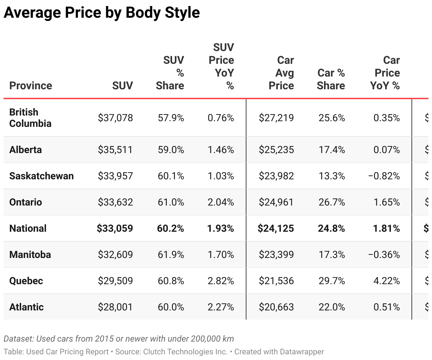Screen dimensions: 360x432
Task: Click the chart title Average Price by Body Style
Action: click(x=102, y=13)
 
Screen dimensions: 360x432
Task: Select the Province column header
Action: click(x=30, y=85)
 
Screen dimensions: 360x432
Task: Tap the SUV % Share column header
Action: click(x=170, y=73)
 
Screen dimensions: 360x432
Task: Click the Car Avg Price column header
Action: click(x=282, y=73)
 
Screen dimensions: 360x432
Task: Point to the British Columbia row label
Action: click(x=30, y=118)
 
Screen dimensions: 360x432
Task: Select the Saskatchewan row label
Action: click(x=41, y=176)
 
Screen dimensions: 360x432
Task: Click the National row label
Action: click(x=28, y=228)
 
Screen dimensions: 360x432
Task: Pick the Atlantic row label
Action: click(x=26, y=307)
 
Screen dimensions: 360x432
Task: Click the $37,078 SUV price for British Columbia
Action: click(x=115, y=118)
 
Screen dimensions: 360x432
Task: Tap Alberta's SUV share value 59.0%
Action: click(x=171, y=150)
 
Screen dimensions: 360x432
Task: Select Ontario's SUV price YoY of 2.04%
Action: click(x=221, y=202)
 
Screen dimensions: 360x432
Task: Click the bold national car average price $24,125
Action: click(x=276, y=228)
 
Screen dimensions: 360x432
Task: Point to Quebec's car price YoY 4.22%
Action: click(x=386, y=281)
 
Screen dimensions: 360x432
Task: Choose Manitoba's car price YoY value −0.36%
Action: click(x=384, y=254)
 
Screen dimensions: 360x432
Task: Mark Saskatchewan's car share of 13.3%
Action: click(x=331, y=176)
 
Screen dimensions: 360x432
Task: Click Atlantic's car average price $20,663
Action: click(x=276, y=307)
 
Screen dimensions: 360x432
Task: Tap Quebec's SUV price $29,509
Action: click(x=115, y=281)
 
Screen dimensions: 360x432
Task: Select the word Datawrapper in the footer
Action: click(x=302, y=352)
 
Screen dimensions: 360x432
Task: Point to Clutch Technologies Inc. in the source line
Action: click(x=185, y=352)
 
